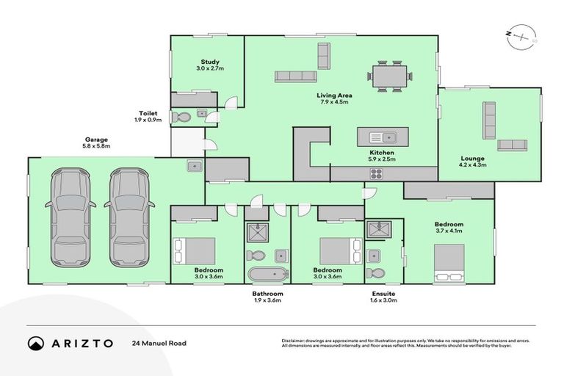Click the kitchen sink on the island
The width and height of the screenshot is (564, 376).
point(383,137)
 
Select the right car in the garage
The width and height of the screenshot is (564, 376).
point(129,217)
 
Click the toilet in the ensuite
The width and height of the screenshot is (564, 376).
point(375,273)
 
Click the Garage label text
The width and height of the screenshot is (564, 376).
point(96,140)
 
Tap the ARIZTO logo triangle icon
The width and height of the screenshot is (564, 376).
point(36,343)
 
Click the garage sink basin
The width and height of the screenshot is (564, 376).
point(194,166)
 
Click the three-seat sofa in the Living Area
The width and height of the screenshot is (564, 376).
point(297,76)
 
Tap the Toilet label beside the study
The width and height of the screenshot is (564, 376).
point(148,113)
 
